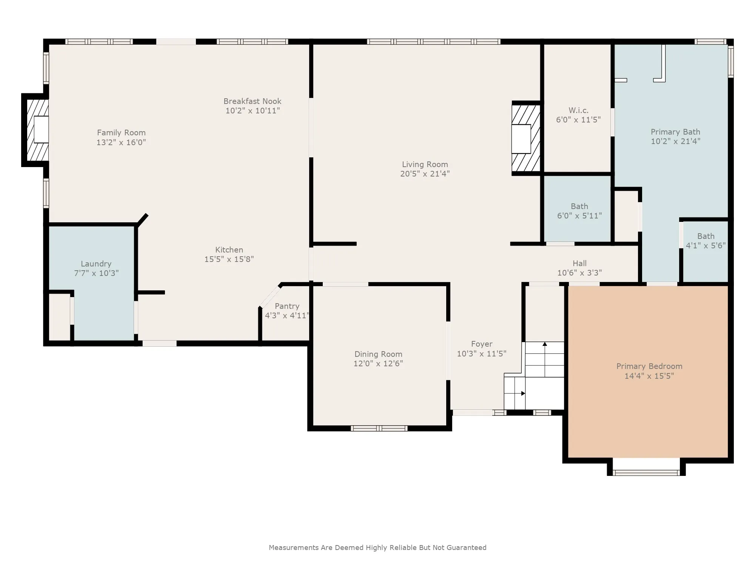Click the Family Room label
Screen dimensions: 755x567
pos(121,133)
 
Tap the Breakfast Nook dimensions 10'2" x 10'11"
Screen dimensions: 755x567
pos(253,111)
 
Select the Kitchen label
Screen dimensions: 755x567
pos(229,250)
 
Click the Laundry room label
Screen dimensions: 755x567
pos(96,264)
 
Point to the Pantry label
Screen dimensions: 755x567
pos(287,306)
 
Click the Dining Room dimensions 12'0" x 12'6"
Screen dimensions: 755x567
pos(378,364)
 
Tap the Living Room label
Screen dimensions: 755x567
pos(425,164)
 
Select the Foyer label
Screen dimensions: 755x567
pos(482,344)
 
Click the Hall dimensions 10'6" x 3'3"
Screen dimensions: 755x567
pos(579,273)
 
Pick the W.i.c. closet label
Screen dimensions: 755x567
pos(578,110)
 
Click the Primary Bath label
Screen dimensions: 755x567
pos(675,132)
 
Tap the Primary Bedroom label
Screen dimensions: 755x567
pos(649,366)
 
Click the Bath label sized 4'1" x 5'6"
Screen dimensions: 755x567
pos(706,236)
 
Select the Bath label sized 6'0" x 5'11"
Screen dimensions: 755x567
pos(579,206)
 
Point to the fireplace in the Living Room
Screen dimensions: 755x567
pos(525,138)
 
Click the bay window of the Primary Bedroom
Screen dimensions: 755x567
pos(646,472)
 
